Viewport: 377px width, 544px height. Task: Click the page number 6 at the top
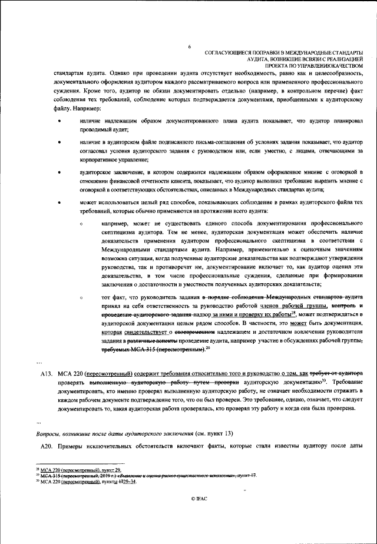tap(188, 46)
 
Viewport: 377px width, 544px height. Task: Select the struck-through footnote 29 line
tap(141, 476)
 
